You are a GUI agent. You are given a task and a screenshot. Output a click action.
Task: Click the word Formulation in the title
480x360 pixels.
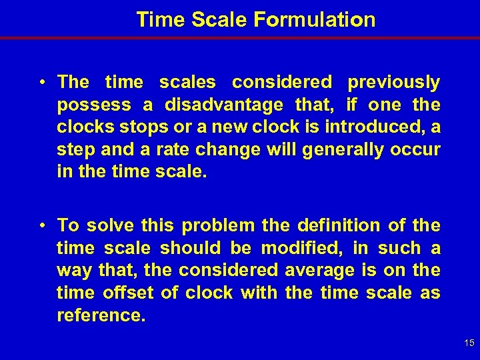[314, 20]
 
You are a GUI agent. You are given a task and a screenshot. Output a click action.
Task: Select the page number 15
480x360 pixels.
[469, 343]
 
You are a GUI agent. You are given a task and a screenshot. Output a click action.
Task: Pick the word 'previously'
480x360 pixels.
[394, 83]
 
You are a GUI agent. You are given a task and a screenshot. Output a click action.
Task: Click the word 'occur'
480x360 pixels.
[418, 149]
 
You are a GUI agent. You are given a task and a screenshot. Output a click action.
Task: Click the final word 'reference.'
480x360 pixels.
[101, 315]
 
